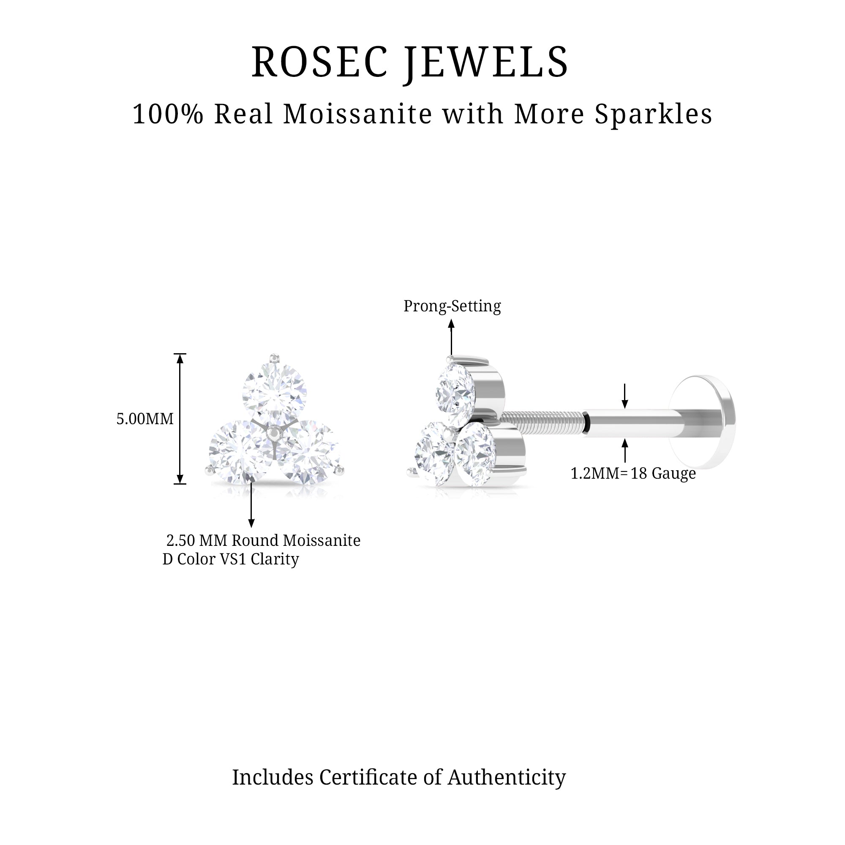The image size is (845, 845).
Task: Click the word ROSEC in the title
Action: coord(319,62)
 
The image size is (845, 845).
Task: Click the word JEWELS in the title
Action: coord(486,62)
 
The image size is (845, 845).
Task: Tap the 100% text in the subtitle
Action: coord(168,114)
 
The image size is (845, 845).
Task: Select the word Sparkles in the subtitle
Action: coord(654,114)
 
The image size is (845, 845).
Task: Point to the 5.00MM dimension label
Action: coord(145,419)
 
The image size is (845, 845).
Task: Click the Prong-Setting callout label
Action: coord(452,306)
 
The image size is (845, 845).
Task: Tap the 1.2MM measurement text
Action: coord(595,473)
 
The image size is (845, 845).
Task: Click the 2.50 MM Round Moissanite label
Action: coord(263,541)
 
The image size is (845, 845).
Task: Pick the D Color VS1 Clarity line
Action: coord(231,559)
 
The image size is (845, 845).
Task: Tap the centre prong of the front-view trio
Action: coord(274,433)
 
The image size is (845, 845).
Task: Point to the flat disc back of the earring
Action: coord(704,421)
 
